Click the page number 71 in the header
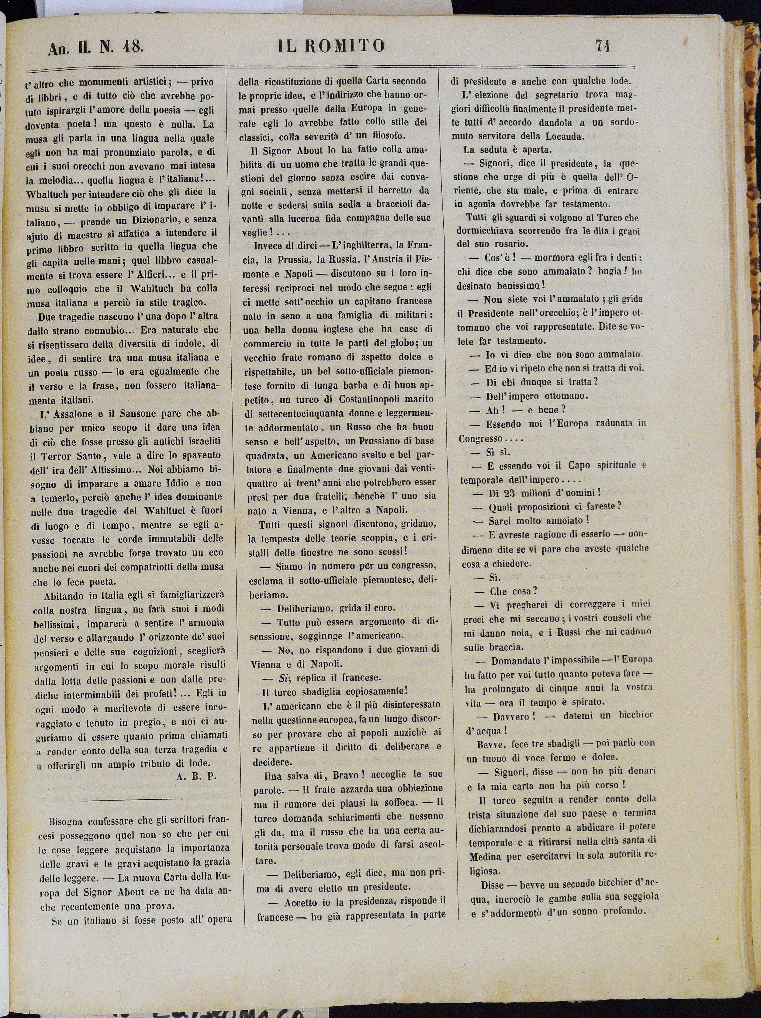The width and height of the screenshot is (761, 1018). pyautogui.click(x=603, y=46)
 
